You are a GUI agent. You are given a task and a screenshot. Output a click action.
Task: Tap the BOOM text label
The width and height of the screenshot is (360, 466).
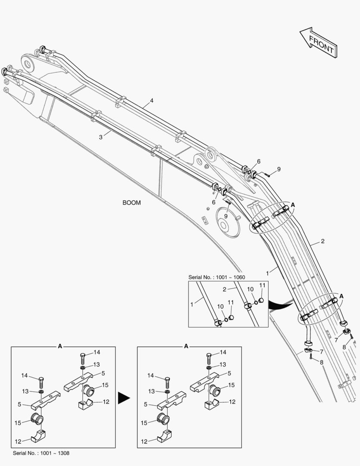[131, 202]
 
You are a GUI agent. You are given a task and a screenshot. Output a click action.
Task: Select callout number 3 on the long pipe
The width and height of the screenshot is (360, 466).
[100, 137]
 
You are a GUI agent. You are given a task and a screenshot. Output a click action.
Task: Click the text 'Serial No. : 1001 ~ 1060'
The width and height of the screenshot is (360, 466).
[216, 277]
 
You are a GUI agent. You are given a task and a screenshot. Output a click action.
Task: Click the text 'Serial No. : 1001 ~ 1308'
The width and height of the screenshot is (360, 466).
[41, 453]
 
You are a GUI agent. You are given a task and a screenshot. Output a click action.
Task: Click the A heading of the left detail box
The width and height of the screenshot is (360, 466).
[60, 346]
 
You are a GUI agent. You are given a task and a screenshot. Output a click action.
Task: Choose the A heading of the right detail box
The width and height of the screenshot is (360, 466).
[186, 346]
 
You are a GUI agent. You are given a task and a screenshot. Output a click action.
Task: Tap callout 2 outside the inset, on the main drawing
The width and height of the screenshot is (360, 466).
[322, 241]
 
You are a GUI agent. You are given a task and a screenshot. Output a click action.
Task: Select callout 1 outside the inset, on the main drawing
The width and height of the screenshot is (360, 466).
[268, 273]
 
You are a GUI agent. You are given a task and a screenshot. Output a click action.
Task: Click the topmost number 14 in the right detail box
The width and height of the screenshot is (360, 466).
[223, 353]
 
